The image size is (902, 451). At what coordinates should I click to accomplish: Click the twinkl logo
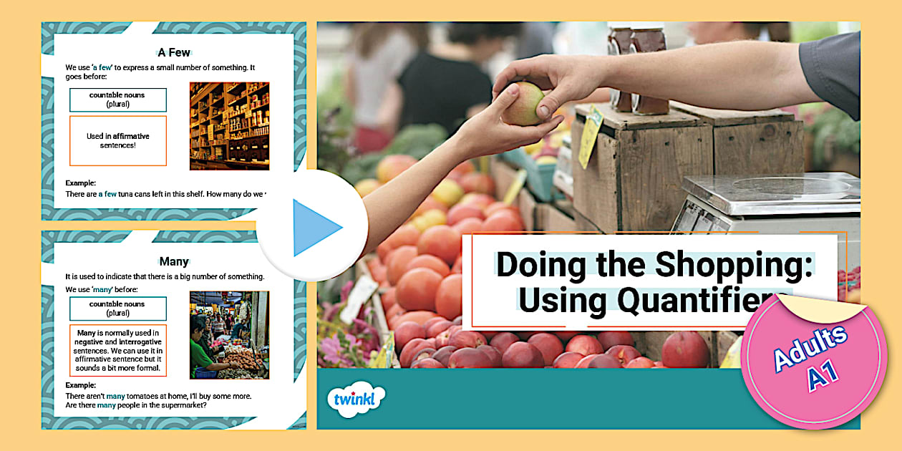click(355, 399)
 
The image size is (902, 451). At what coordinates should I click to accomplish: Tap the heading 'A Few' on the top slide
click(174, 52)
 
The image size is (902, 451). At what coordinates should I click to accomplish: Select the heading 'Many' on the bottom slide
click(174, 261)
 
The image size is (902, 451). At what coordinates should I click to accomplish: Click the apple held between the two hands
click(523, 103)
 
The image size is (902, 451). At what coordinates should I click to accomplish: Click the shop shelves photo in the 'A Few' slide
click(229, 126)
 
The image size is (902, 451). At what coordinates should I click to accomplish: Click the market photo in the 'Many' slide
click(229, 334)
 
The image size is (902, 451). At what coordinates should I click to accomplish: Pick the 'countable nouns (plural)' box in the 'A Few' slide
click(118, 100)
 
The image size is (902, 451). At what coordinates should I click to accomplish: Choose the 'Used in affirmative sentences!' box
click(118, 140)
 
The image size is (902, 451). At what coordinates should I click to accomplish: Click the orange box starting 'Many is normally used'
click(118, 350)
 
